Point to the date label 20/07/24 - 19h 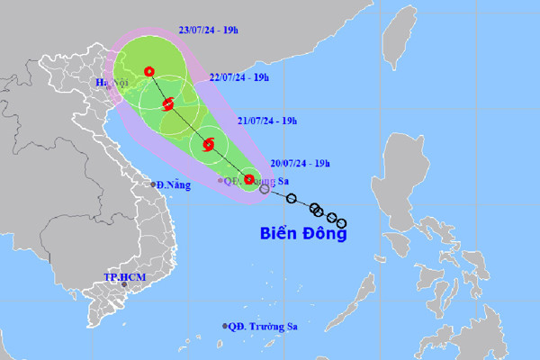(300, 163)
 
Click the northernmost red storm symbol (149, 71)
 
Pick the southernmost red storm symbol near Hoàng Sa (249, 179)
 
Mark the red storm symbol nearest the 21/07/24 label (209, 144)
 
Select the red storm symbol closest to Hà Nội (167, 104)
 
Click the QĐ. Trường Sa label (261, 327)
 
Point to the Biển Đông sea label (302, 233)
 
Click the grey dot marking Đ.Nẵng (151, 185)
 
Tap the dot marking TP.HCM (112, 284)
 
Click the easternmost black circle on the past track (342, 223)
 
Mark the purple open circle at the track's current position (264, 189)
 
